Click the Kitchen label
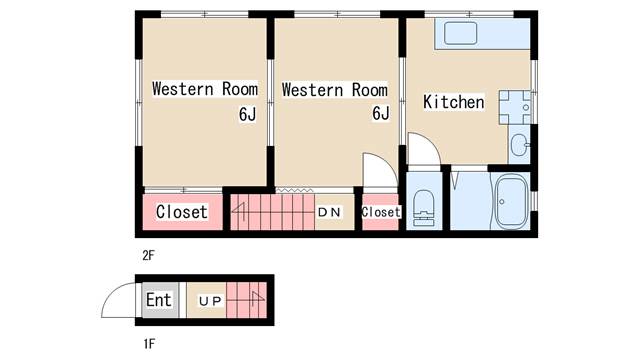click(x=453, y=102)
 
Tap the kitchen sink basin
click(x=460, y=33)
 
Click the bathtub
click(x=511, y=201)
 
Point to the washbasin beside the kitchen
click(x=520, y=145)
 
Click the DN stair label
click(x=329, y=212)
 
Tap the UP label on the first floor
click(x=210, y=301)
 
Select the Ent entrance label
click(x=158, y=300)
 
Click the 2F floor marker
click(x=149, y=256)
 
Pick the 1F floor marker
click(x=149, y=344)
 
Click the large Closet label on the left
click(x=182, y=212)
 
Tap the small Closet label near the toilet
click(x=380, y=212)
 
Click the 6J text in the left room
click(x=247, y=114)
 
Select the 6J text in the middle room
click(x=380, y=113)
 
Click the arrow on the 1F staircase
click(x=258, y=300)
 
